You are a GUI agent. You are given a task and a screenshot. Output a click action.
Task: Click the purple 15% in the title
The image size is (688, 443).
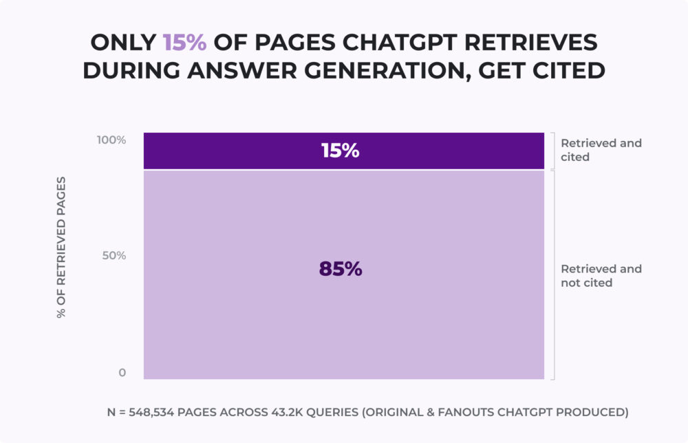184,43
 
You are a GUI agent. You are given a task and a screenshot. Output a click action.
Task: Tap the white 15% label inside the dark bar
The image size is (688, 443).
341,151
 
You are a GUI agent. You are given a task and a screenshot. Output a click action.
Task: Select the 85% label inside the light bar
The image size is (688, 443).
341,269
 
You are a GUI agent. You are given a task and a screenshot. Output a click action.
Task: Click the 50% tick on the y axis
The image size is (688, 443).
115,256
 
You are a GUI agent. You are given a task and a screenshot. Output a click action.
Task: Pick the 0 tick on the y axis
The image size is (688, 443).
122,373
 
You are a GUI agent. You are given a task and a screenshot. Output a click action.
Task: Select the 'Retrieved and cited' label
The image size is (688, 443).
601,150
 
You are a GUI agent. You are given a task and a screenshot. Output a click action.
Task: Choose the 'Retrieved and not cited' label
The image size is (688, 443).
601,275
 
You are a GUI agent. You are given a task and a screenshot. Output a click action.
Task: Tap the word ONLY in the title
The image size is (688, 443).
123,43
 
